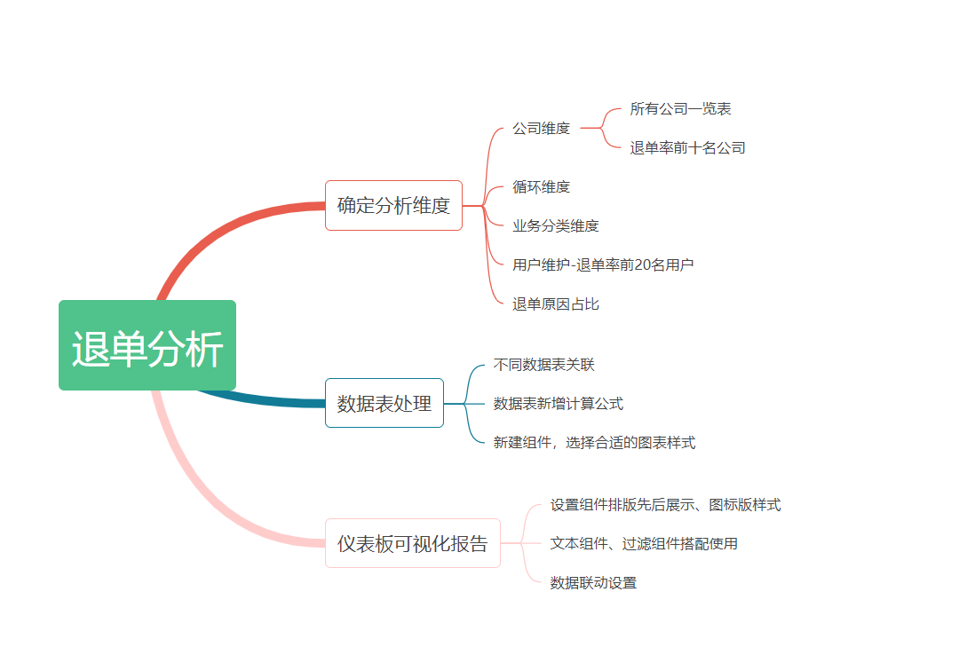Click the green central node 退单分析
point(147,345)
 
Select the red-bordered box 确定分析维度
point(393,205)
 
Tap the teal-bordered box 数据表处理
point(384,403)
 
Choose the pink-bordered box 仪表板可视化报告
point(413,543)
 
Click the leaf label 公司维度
point(542,128)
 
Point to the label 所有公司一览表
point(680,109)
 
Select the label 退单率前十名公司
point(687,148)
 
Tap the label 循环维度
point(542,186)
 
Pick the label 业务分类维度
point(556,225)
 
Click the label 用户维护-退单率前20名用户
point(603,265)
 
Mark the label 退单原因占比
point(556,304)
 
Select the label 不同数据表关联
point(544,365)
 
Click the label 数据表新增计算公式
point(559,404)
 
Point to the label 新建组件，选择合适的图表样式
point(595,442)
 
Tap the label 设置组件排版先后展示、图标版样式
point(665,505)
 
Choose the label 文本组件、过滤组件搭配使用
point(644,543)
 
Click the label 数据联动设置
point(593,582)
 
